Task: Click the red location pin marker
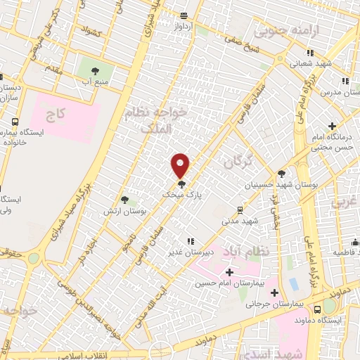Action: (x=181, y=165)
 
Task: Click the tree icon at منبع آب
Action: (x=96, y=70)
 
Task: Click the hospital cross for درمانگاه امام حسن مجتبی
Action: (x=341, y=127)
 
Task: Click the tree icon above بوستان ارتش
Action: (x=124, y=200)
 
